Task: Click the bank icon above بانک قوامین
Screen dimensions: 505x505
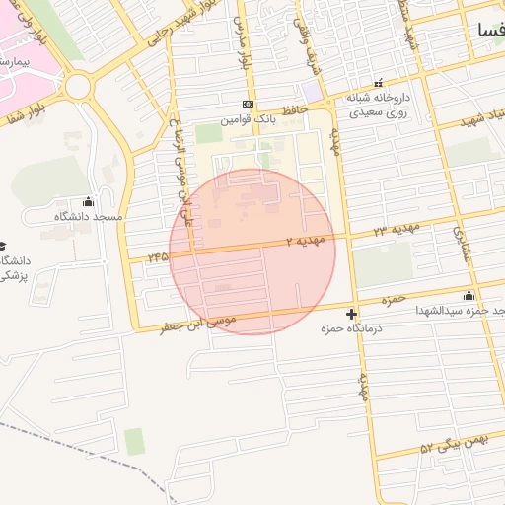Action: click(x=248, y=104)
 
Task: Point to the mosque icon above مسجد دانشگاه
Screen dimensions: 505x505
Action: click(x=88, y=201)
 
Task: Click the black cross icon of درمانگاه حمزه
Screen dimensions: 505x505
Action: click(x=352, y=314)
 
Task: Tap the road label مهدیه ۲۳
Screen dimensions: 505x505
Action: click(x=396, y=229)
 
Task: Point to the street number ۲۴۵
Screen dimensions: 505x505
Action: click(x=157, y=255)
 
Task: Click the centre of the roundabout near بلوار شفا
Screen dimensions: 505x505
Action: click(x=79, y=85)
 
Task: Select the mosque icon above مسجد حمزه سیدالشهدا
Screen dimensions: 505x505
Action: click(x=469, y=295)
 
